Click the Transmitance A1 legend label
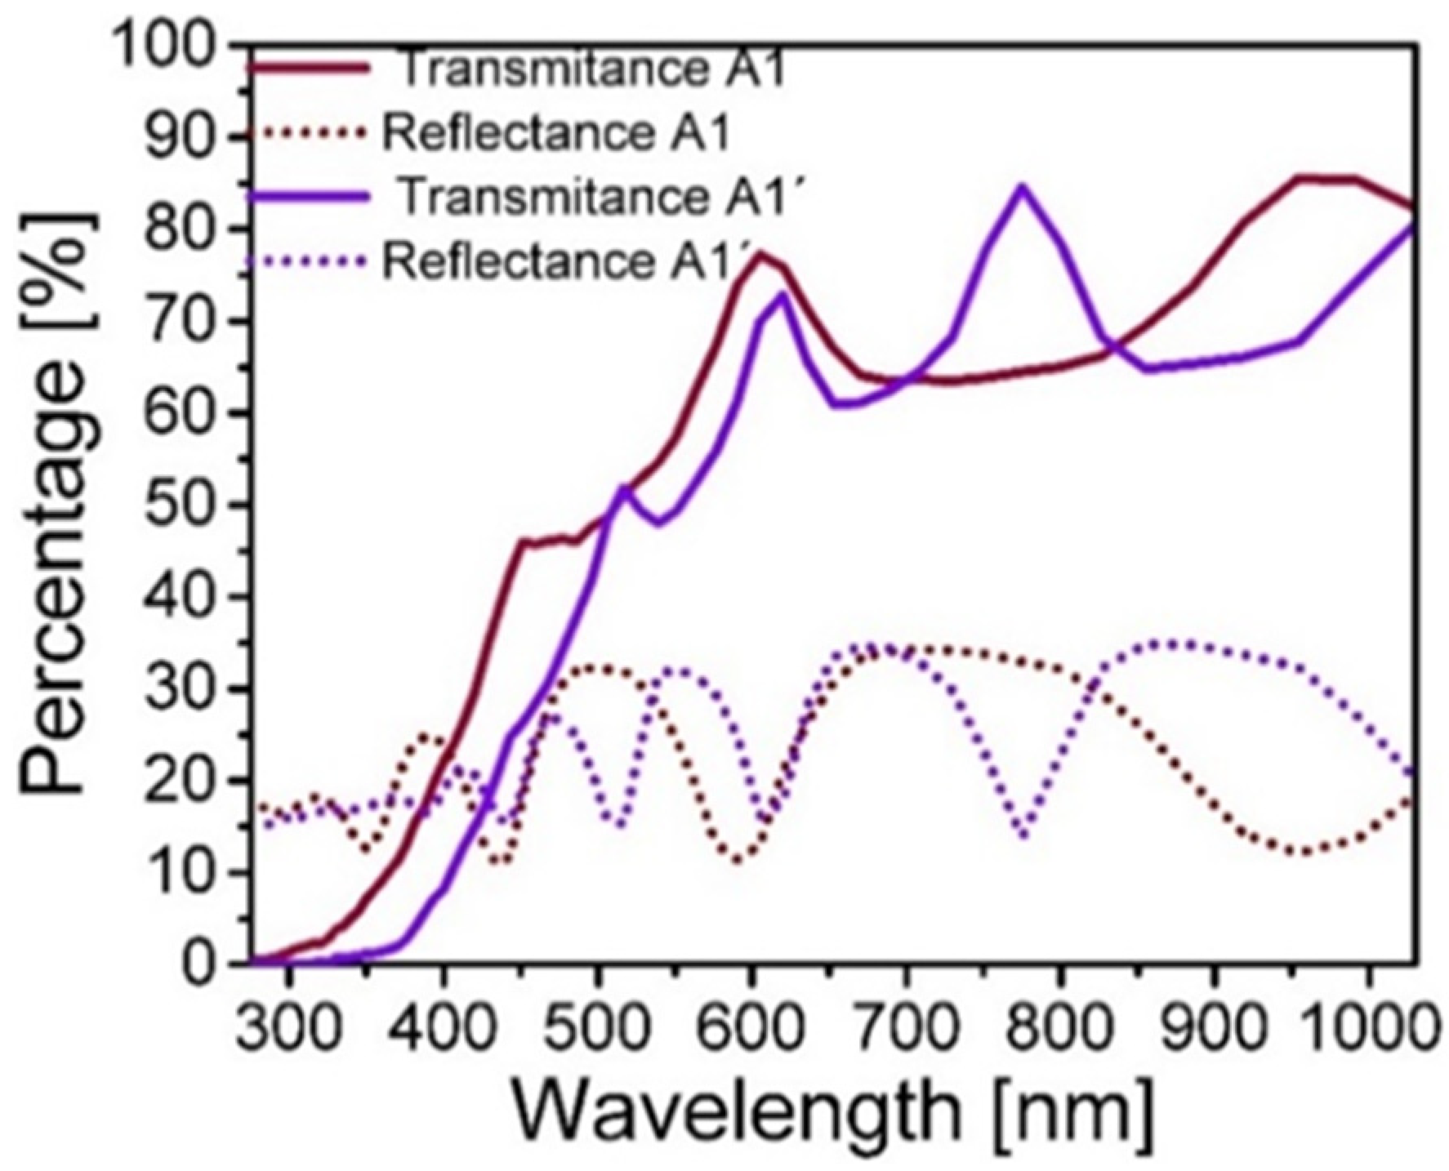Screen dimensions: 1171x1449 click(592, 70)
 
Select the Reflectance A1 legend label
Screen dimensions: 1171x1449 click(555, 134)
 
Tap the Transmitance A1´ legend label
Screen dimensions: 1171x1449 click(599, 198)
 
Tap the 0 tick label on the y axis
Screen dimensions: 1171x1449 click(204, 964)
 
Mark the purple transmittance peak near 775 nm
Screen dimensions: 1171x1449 click(1021, 189)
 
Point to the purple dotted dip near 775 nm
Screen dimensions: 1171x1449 click(1023, 833)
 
